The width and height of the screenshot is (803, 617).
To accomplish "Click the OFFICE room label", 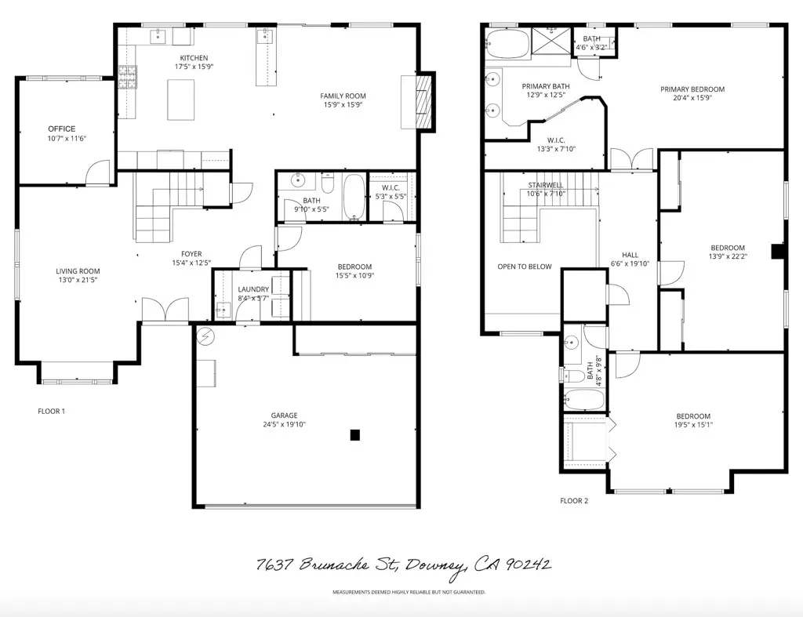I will [x=61, y=129].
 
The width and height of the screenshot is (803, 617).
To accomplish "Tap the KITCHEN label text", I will [x=194, y=58].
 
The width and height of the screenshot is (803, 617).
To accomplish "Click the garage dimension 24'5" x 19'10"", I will [x=285, y=425].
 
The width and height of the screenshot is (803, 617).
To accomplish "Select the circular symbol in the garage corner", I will [x=206, y=337].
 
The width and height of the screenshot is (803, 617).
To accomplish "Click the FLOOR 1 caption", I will [x=52, y=411].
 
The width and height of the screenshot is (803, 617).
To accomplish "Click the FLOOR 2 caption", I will [x=573, y=500].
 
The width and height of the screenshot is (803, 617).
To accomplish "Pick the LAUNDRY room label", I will [x=253, y=289].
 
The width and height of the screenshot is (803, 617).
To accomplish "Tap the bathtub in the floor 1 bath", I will [x=354, y=198].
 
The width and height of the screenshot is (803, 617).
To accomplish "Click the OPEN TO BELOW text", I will [x=524, y=267].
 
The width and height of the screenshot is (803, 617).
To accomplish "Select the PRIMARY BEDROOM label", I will [x=692, y=89].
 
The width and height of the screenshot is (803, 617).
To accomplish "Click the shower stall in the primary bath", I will [x=554, y=42].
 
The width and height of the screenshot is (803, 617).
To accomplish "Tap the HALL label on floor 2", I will [x=630, y=255].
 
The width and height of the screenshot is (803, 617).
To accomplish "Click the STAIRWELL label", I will [x=546, y=185].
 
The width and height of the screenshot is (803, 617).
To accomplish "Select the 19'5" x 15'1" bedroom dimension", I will [x=693, y=426].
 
